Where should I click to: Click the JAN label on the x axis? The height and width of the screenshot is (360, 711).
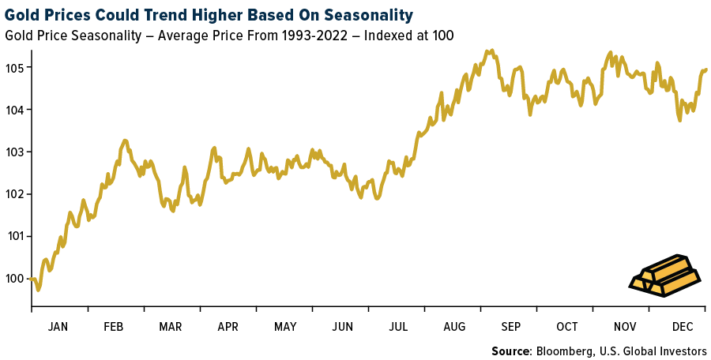point(58,326)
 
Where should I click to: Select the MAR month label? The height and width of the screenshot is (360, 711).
point(171,326)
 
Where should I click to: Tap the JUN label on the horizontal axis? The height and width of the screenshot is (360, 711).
point(342,326)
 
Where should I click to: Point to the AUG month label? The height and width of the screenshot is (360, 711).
point(454,326)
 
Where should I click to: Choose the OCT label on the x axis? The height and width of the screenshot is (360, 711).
point(567,326)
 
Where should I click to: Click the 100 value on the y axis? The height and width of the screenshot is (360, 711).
point(15,278)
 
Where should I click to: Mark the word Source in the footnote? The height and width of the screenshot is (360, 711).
point(511,351)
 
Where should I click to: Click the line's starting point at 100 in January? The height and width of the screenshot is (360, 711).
point(32,278)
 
